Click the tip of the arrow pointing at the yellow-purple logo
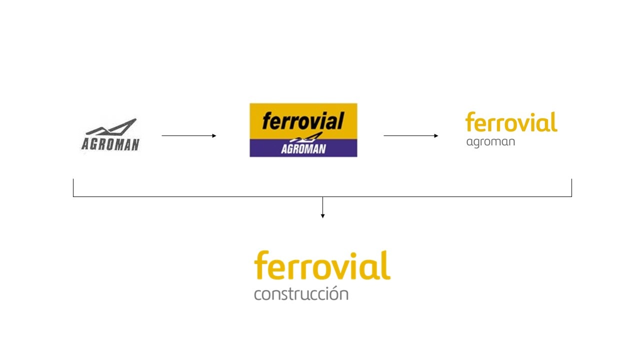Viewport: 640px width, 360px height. (x=216, y=135)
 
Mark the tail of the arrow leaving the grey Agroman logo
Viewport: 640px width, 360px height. (x=161, y=135)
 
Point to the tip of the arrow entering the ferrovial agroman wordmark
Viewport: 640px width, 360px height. (x=438, y=135)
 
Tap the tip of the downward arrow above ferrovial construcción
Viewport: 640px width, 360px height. (x=322, y=218)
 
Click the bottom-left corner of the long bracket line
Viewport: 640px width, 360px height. (x=73, y=196)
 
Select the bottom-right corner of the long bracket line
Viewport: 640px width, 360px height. (x=571, y=196)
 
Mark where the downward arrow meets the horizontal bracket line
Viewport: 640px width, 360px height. (x=322, y=196)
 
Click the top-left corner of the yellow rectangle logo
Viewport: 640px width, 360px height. (x=249, y=103)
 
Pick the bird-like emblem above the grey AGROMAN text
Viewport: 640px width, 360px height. (x=111, y=126)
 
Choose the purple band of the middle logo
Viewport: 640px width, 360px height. (x=303, y=148)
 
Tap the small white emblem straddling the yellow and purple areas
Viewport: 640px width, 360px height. (x=306, y=137)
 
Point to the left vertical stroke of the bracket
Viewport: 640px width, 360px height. (x=73, y=187)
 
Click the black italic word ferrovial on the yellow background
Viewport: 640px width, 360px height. (x=303, y=120)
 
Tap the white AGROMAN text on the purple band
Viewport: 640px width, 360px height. (x=303, y=149)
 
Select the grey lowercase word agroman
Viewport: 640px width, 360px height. (x=490, y=142)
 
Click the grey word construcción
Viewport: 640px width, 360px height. (x=301, y=293)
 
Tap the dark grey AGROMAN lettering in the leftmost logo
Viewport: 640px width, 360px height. (x=110, y=144)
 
